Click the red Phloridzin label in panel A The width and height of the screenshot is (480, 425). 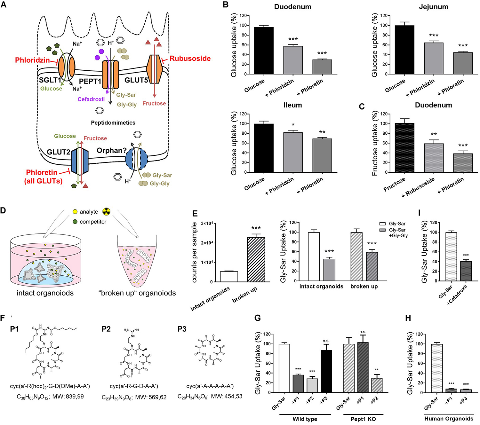32,60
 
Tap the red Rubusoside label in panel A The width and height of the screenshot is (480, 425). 190,59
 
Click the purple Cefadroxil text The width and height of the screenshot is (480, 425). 91,99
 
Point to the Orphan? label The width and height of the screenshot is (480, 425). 111,150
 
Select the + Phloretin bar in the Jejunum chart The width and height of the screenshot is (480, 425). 463,63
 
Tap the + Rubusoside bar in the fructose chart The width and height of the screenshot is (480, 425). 434,158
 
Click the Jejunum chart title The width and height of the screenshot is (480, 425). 433,7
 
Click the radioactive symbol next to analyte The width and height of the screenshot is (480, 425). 106,211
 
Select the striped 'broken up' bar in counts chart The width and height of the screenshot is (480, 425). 256,259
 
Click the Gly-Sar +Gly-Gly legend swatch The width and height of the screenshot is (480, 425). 382,230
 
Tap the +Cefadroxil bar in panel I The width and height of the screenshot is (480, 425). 466,271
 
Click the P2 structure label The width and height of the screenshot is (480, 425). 106,329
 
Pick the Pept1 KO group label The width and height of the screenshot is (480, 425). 363,419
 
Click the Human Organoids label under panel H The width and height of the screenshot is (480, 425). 449,419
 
